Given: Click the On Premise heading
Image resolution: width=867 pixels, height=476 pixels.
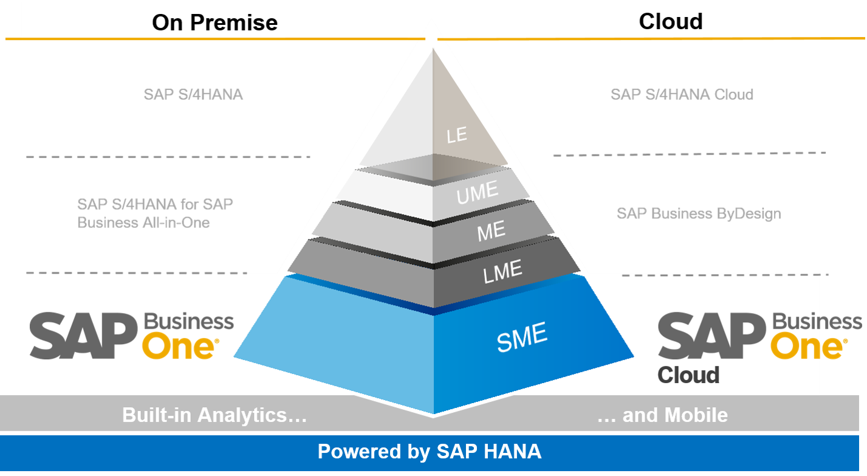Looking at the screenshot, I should (214, 22).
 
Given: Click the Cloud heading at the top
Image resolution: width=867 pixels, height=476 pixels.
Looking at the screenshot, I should (670, 21).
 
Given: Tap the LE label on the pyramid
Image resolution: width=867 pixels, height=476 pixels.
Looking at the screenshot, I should (457, 134).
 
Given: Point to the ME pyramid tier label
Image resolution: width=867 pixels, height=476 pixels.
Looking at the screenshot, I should (492, 231).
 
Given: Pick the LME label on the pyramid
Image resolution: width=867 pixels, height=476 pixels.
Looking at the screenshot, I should (502, 271).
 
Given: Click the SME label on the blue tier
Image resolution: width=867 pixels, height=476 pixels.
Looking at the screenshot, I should (522, 337).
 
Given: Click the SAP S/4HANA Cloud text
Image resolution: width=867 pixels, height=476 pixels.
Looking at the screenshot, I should (682, 94).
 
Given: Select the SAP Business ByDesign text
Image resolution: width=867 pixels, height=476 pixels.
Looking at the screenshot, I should (699, 213).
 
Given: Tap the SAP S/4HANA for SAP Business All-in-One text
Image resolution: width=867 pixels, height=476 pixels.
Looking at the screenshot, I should (155, 213).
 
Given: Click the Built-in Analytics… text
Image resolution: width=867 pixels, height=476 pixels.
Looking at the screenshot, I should (214, 415).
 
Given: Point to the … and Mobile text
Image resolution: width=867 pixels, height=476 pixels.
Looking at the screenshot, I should (662, 415).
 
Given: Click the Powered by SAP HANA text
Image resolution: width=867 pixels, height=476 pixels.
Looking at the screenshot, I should (429, 452).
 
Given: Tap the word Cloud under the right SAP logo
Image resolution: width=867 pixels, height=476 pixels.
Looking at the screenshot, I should (688, 374).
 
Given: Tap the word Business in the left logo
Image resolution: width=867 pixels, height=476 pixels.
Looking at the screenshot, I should (188, 321).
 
